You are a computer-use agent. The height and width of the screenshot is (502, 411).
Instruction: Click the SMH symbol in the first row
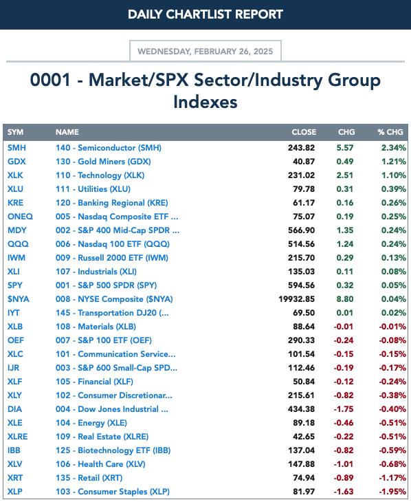[16, 148]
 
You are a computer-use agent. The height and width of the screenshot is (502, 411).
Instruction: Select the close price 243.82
[301, 148]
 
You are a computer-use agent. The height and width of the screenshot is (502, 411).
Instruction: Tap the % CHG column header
[390, 132]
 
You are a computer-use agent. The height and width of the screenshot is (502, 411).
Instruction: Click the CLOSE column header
[304, 132]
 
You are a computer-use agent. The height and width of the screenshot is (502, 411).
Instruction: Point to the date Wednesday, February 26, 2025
[205, 51]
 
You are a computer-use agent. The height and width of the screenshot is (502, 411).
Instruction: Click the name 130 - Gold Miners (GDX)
[103, 162]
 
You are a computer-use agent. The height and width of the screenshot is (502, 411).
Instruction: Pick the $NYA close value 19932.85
[297, 299]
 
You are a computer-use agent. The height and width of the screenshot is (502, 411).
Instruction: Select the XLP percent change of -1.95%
[392, 492]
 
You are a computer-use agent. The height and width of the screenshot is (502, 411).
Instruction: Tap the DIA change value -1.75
[344, 409]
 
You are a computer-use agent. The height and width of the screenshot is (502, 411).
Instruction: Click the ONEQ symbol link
[20, 217]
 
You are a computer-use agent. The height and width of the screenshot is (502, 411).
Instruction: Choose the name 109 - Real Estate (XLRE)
[102, 437]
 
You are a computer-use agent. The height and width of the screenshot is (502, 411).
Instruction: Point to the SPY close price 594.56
[301, 285]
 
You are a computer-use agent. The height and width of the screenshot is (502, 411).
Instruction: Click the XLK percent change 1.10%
[394, 175]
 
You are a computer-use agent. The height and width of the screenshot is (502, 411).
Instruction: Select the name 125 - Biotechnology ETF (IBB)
[113, 450]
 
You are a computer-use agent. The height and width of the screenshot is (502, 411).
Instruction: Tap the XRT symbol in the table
[15, 478]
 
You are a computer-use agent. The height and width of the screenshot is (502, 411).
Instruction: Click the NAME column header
[67, 132]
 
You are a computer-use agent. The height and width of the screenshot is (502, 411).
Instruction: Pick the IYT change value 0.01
[345, 313]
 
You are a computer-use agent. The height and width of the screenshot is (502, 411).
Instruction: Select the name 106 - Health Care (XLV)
[100, 464]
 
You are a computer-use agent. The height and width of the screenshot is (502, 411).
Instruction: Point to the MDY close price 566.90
[301, 230]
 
